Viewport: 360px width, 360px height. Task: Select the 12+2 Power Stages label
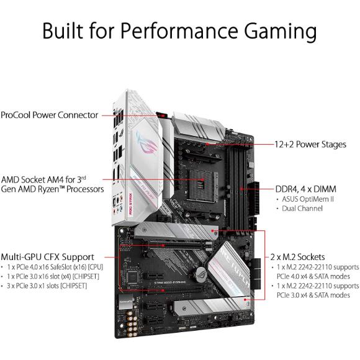click(310, 144)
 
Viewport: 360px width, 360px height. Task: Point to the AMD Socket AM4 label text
click(53, 182)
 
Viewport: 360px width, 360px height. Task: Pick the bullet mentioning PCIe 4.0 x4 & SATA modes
click(313, 271)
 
